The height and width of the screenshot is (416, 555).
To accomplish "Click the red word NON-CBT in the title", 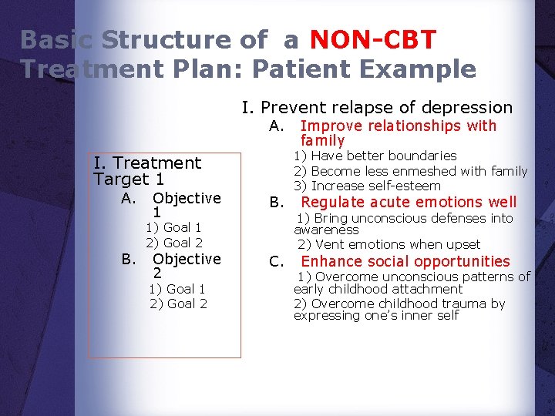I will pos(373,39).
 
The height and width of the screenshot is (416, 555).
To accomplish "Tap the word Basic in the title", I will pos(58,39).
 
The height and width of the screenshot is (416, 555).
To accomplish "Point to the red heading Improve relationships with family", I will pos(398,133).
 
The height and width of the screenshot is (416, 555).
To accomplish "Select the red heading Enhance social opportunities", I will pos(405,262).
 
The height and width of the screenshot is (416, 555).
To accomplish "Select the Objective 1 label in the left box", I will pos(187,204).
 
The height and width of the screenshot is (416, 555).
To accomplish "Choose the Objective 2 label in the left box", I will pos(187,266).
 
